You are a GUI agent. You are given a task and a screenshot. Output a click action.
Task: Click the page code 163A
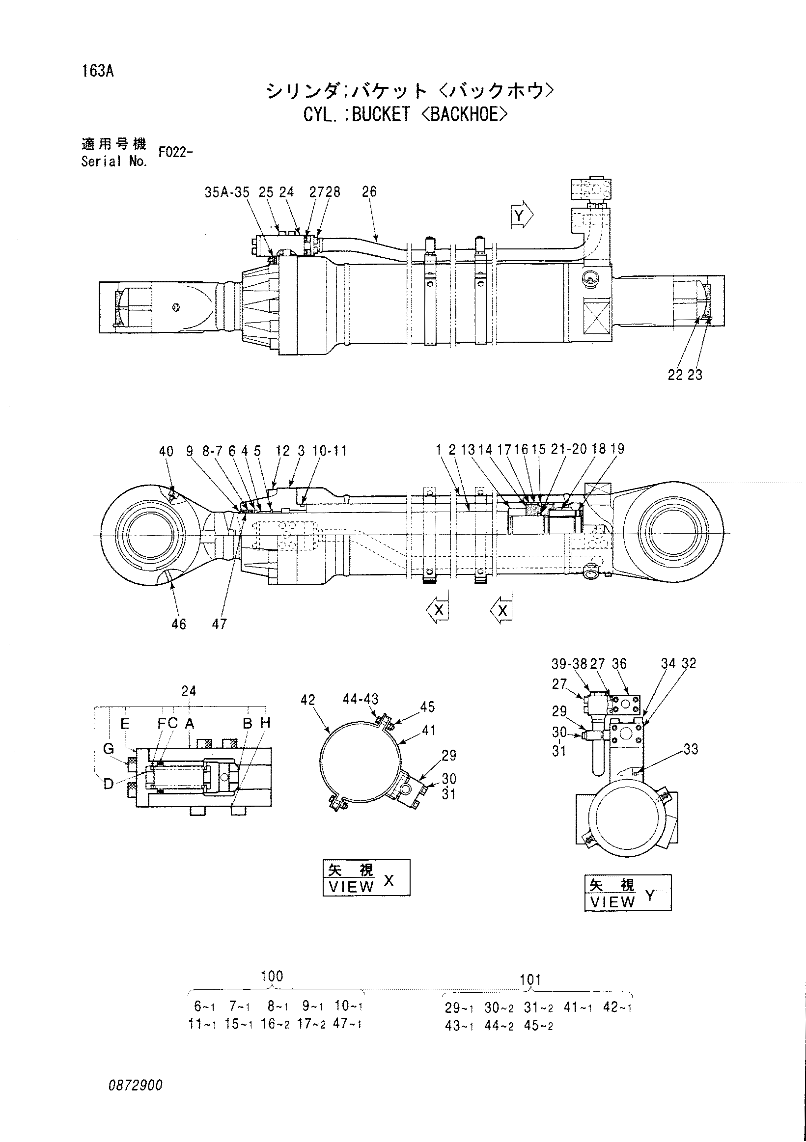[x=98, y=71]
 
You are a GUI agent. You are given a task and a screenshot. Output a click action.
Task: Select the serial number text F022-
[x=175, y=152]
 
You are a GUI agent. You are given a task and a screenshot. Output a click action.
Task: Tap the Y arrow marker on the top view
[x=522, y=216]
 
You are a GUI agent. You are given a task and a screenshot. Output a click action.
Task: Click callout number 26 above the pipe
[x=369, y=191]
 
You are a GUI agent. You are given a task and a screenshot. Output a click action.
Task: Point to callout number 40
[x=166, y=451]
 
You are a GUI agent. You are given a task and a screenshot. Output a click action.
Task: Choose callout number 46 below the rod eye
[x=179, y=624]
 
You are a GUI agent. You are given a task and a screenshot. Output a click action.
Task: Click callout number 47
[x=220, y=624]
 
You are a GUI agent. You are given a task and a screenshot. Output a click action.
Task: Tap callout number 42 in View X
[x=308, y=700]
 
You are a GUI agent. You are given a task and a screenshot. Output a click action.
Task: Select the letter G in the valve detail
[x=109, y=748]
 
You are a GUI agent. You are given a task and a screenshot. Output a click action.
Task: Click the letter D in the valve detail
[x=109, y=784]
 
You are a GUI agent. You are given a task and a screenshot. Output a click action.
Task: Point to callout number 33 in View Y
[x=691, y=749]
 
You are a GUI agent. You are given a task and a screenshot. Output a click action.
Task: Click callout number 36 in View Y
[x=619, y=663]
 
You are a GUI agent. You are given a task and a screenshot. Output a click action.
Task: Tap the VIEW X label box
[x=367, y=877]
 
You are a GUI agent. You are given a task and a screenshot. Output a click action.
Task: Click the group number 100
[x=272, y=977]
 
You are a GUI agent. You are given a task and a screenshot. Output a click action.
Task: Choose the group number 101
[x=530, y=980]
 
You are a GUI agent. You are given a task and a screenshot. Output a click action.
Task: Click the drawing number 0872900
[x=136, y=1086]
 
